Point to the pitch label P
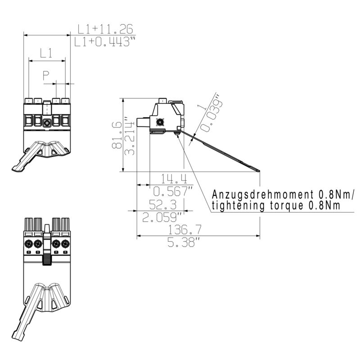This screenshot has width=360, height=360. coord(46,76)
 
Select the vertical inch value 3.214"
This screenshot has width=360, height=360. coord(131,137)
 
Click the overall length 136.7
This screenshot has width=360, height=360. coord(184,230)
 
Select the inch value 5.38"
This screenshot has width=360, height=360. coord(184,243)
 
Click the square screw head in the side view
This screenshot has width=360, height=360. coord(159,122)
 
